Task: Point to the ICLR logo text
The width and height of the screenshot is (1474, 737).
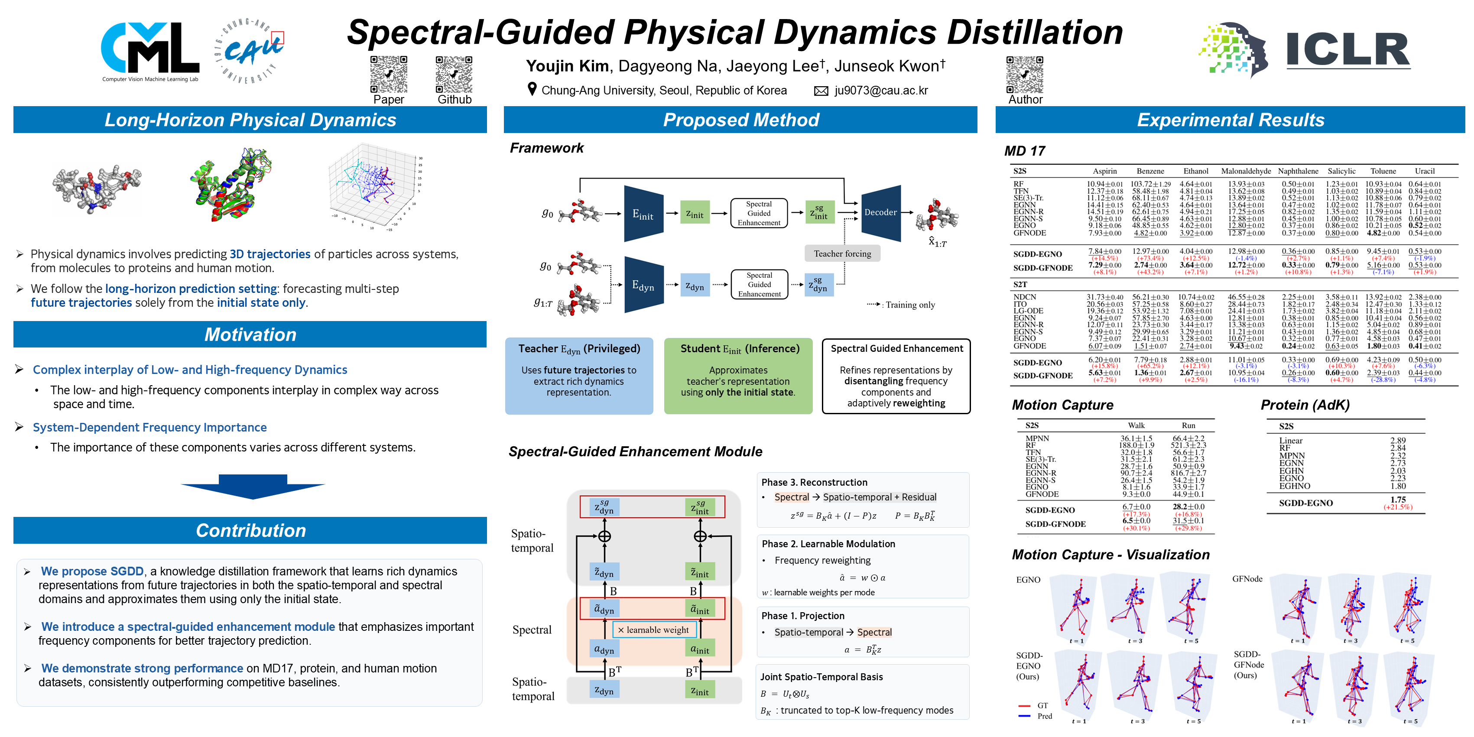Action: [1347, 50]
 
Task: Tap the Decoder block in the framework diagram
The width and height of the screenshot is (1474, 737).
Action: [880, 212]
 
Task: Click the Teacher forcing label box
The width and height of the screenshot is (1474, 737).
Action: [842, 253]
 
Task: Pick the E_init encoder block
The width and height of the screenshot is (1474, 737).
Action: [643, 214]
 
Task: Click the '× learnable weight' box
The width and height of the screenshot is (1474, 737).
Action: [654, 630]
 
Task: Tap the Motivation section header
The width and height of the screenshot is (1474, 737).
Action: [250, 334]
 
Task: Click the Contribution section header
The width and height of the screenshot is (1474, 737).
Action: [250, 530]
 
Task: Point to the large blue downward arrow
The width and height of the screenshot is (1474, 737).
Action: [252, 486]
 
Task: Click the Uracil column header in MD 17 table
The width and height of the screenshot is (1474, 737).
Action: [1424, 171]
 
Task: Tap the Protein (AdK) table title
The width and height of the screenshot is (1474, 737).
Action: [1305, 405]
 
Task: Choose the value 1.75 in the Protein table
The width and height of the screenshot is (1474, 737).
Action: [1398, 500]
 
